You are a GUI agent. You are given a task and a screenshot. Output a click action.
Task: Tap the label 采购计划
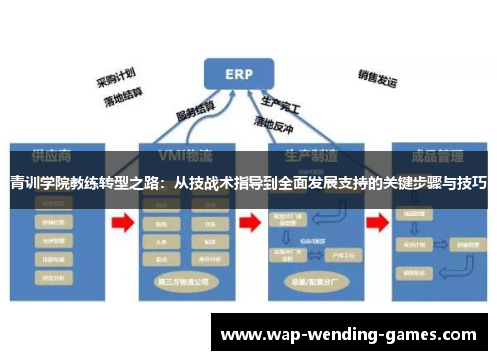pos(115,78)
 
